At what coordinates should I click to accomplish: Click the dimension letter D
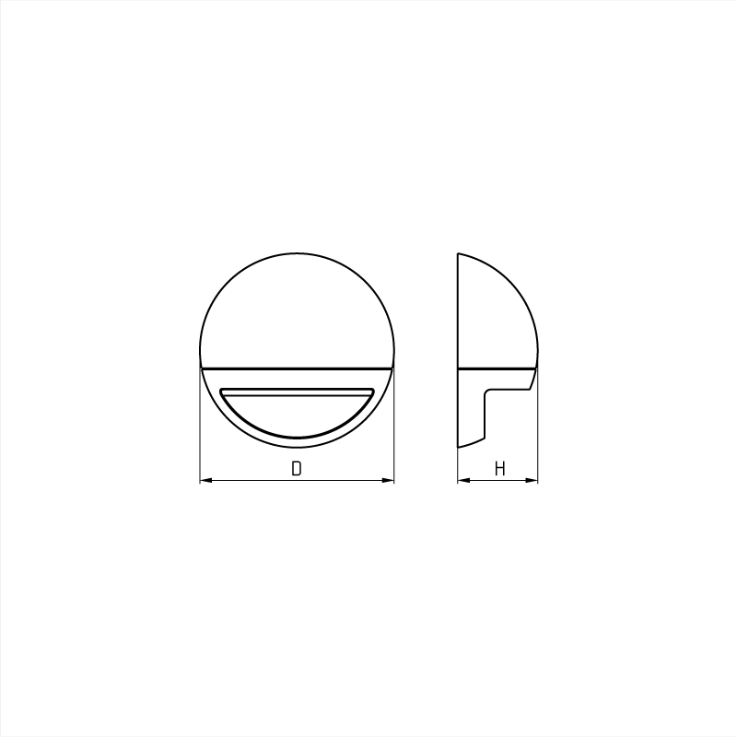[296, 468]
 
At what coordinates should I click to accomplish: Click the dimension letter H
[499, 468]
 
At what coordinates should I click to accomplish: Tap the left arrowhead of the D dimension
[205, 480]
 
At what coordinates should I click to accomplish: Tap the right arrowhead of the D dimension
[388, 480]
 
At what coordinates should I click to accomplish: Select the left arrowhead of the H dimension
[463, 480]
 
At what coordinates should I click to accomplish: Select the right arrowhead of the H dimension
[532, 480]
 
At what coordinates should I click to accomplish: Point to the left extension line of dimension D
[200, 426]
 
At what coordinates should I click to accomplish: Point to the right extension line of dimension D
[394, 426]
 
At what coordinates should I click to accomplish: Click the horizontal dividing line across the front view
[297, 368]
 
